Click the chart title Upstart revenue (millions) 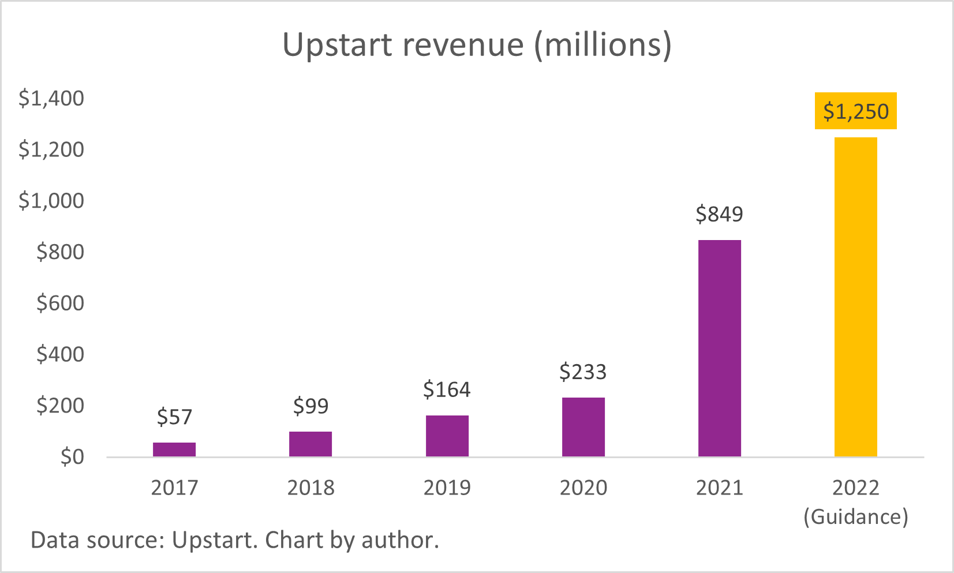tap(477, 45)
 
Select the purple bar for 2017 tap(174, 450)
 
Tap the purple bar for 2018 tap(310, 444)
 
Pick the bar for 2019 tap(447, 436)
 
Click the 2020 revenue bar tap(583, 427)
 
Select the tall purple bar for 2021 tap(720, 349)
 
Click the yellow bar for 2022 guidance tap(856, 297)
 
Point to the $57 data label tap(174, 417)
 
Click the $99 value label tap(310, 406)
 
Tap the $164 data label tap(447, 390)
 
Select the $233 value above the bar tap(583, 372)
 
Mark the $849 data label tap(719, 214)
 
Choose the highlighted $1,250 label tap(856, 111)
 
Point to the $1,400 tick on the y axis tap(51, 99)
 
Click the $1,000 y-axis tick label tap(51, 201)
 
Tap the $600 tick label tap(60, 303)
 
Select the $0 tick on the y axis tap(72, 457)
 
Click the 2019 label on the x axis tap(447, 488)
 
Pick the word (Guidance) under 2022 tap(856, 516)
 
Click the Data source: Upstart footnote tap(234, 541)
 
